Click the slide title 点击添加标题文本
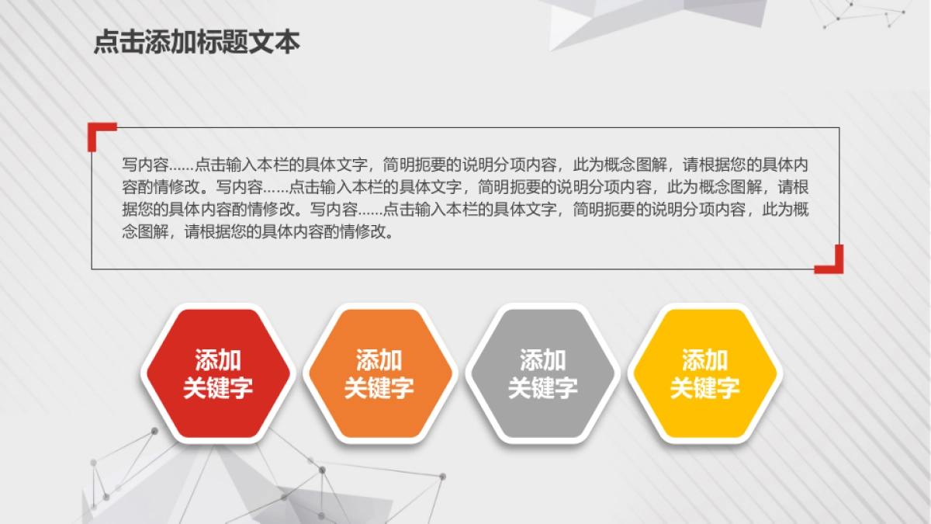coord(196,42)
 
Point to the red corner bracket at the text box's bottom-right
coord(833,263)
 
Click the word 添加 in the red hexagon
coord(218,360)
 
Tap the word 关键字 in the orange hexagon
coord(379,388)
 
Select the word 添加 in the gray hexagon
coord(542,360)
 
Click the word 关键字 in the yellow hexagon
coord(704,388)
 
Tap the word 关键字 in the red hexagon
coord(218,388)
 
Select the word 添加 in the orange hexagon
coord(379,360)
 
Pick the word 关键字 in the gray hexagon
coord(542,388)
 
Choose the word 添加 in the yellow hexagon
coord(704,360)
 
